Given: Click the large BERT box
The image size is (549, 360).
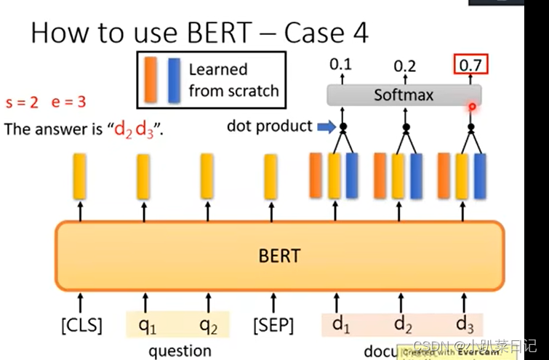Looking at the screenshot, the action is tap(279, 255).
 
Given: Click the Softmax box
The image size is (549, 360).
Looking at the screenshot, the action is tap(403, 95).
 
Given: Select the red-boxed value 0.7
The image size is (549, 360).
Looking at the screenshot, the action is tap(470, 65).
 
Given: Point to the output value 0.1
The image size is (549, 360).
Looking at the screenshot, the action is tap(340, 65).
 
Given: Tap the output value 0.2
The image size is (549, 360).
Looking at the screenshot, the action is tap(405, 66).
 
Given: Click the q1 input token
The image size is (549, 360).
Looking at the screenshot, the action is tap(147, 324).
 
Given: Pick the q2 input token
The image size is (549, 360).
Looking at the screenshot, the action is tap(209, 324).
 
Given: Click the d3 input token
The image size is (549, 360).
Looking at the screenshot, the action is tap(466, 323).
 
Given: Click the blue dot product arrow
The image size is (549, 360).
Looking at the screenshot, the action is tap(325, 127).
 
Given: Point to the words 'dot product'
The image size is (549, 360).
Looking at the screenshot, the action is tap(269, 127).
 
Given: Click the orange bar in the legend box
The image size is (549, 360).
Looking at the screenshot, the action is tap(151, 80).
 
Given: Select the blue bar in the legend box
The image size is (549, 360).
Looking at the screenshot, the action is tap(173, 80).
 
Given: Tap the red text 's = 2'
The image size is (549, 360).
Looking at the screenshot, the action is tap(22, 103).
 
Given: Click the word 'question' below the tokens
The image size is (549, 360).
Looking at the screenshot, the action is tap(180, 351).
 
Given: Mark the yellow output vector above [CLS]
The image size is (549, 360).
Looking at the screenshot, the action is tap(79, 176).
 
